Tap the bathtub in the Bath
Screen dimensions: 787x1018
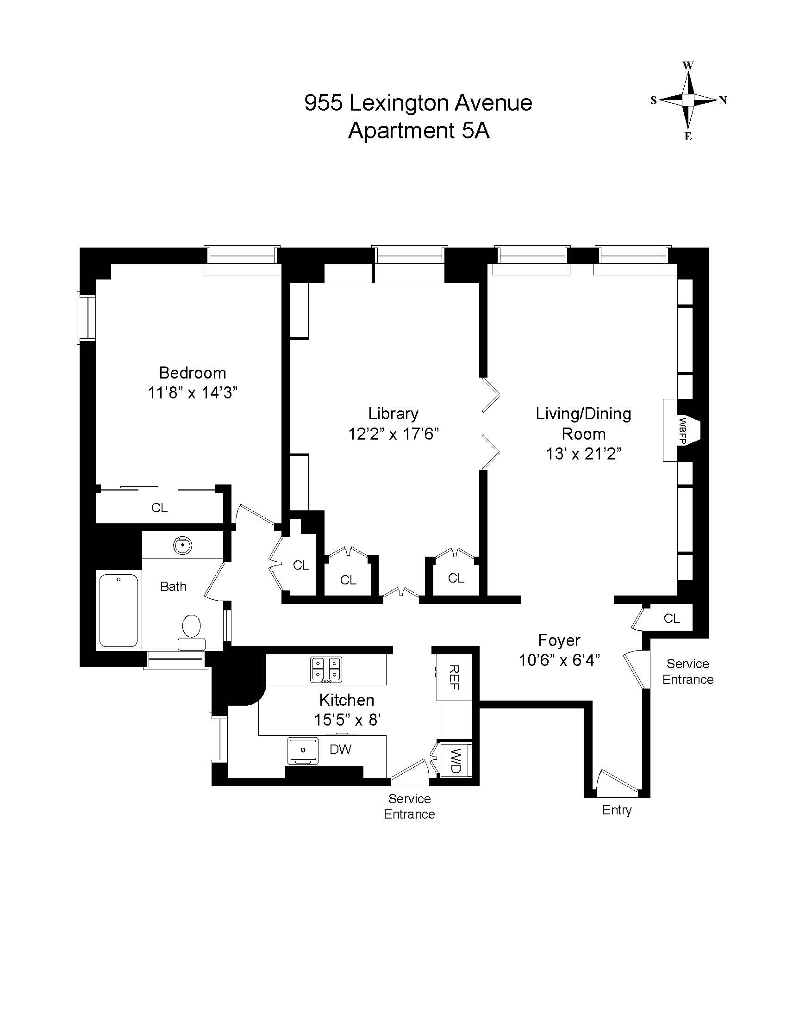[x=119, y=610]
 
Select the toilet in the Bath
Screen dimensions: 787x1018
[x=191, y=631]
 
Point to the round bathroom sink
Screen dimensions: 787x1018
[x=182, y=545]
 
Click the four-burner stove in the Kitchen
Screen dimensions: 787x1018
[x=326, y=670]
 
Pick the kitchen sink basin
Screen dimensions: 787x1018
[x=303, y=751]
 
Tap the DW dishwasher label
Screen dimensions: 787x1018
[x=340, y=749]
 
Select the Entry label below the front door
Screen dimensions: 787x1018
[x=617, y=810]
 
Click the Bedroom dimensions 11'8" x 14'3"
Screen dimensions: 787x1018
[x=193, y=393]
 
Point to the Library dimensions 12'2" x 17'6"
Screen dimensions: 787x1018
[x=394, y=434]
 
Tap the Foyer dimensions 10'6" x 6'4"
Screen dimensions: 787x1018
[x=560, y=660]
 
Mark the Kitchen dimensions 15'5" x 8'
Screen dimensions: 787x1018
[x=347, y=720]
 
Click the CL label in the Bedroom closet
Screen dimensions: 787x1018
[x=159, y=508]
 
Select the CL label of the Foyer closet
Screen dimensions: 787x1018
[x=672, y=618]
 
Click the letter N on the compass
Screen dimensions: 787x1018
[x=723, y=100]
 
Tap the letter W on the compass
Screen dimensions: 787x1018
[x=688, y=65]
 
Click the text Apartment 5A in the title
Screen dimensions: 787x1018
[x=418, y=130]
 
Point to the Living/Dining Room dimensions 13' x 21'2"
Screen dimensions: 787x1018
[x=584, y=453]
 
